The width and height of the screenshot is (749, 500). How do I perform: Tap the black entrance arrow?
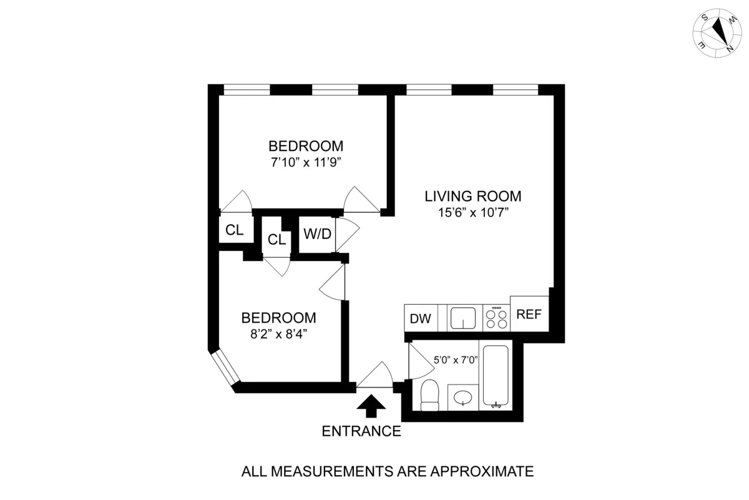pos(371,406)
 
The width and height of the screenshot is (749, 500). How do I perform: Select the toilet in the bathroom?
pos(430,396)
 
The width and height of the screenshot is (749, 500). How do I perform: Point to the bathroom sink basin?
pos(462,398)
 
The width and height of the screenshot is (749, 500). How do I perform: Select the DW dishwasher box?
pos(421,319)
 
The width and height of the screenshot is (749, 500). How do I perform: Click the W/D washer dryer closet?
pos(317,235)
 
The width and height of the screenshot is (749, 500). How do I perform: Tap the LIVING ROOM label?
pos(472,196)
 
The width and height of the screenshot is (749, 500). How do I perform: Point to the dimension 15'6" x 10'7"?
pos(473,213)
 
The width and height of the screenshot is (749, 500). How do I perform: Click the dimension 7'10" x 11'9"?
pos(306,162)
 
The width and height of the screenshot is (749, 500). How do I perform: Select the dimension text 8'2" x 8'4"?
pos(279,333)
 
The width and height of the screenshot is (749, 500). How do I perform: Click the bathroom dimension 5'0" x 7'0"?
pos(456,360)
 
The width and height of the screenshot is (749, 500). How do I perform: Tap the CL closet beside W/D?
pos(277,239)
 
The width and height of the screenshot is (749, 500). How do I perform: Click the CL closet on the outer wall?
pos(234,230)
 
